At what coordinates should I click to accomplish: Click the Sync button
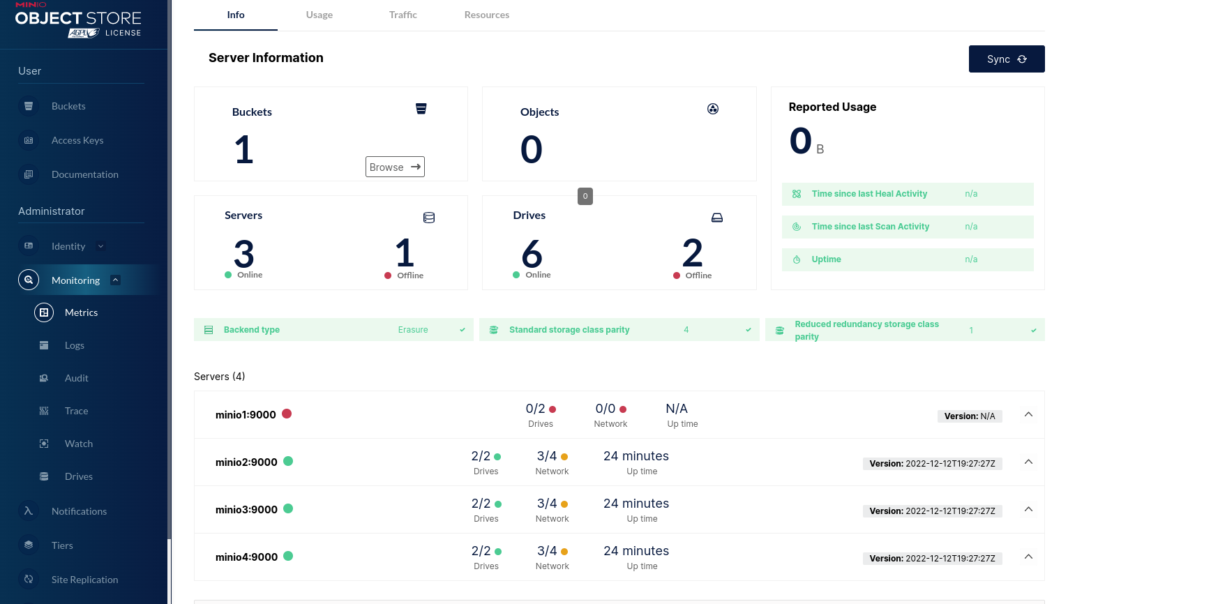pos(1006,59)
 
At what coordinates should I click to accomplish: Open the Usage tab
pos(319,15)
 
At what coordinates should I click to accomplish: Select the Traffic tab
pos(403,15)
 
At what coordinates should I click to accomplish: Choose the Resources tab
pos(487,15)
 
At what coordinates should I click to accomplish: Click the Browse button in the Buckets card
pos(395,167)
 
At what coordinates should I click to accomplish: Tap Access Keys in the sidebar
pos(77,140)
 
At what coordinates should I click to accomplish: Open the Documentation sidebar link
pos(85,174)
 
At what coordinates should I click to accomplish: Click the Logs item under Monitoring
pos(75,345)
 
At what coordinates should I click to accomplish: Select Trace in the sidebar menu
pos(77,411)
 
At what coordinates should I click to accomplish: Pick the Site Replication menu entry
pos(85,580)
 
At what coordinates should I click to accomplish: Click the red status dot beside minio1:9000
pos(287,414)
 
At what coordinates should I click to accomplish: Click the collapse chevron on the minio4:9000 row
pos(1028,557)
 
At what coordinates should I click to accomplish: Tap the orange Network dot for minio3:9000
pos(564,504)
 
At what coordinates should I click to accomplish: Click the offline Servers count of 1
pos(405,252)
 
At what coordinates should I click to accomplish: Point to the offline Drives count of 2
pos(693,252)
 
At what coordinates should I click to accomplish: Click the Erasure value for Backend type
pos(413,330)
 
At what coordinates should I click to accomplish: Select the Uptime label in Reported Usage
pos(827,259)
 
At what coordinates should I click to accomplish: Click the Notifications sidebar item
pos(80,511)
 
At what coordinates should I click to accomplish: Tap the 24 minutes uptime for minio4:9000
pos(636,551)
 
